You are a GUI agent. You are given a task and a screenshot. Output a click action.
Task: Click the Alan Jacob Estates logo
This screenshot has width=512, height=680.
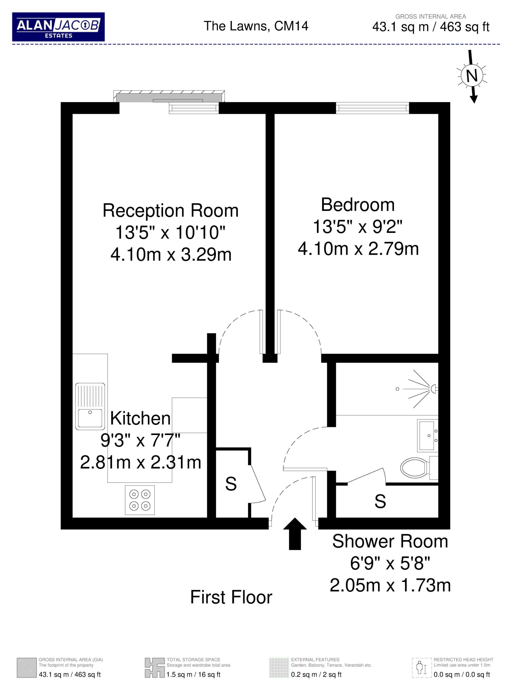58,27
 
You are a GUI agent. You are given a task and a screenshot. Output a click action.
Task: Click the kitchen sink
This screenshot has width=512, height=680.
90,406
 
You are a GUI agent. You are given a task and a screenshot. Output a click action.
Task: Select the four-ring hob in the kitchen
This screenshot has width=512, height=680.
139,500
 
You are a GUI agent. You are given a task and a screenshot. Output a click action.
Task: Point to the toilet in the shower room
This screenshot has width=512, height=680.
419,467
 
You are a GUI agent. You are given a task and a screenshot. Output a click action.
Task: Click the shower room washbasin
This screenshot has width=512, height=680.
428,436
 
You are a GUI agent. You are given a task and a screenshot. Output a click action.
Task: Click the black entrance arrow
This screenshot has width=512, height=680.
295,534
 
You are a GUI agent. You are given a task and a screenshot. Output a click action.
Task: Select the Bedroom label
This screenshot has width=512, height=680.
358,205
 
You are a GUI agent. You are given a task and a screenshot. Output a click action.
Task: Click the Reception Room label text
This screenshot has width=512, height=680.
171,211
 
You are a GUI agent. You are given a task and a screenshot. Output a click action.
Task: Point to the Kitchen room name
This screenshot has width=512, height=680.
140,418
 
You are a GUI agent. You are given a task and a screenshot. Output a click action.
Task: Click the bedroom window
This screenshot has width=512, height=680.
373,108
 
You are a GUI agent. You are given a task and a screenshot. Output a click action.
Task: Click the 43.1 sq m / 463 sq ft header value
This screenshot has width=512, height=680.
430,27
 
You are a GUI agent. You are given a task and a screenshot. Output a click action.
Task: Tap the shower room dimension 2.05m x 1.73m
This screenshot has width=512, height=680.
390,585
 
